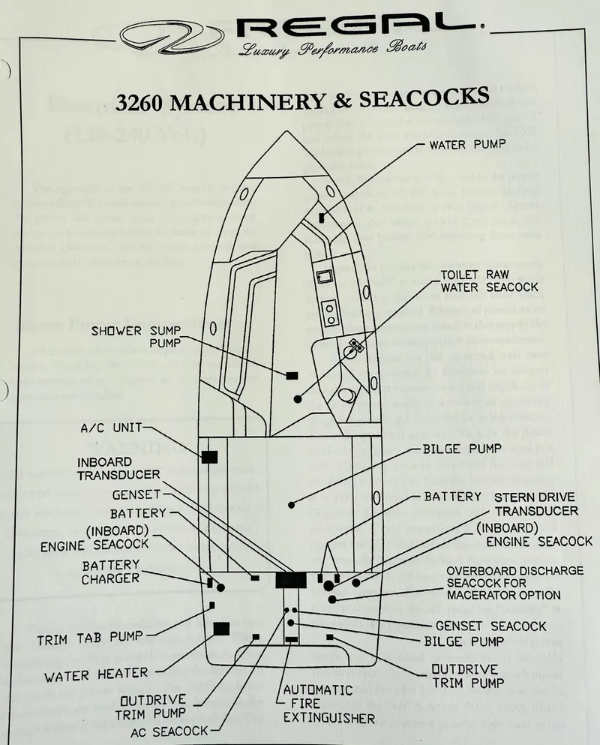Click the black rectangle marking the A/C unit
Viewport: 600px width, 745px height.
209,456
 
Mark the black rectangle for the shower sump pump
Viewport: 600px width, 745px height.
291,374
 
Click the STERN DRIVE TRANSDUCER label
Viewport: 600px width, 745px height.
535,503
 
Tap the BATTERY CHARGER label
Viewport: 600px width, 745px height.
111,571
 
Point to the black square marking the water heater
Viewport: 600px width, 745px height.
221,629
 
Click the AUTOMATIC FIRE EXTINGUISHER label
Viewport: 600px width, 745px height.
328,704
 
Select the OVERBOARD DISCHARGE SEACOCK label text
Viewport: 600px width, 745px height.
514,583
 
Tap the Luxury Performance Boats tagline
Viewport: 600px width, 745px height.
332,50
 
